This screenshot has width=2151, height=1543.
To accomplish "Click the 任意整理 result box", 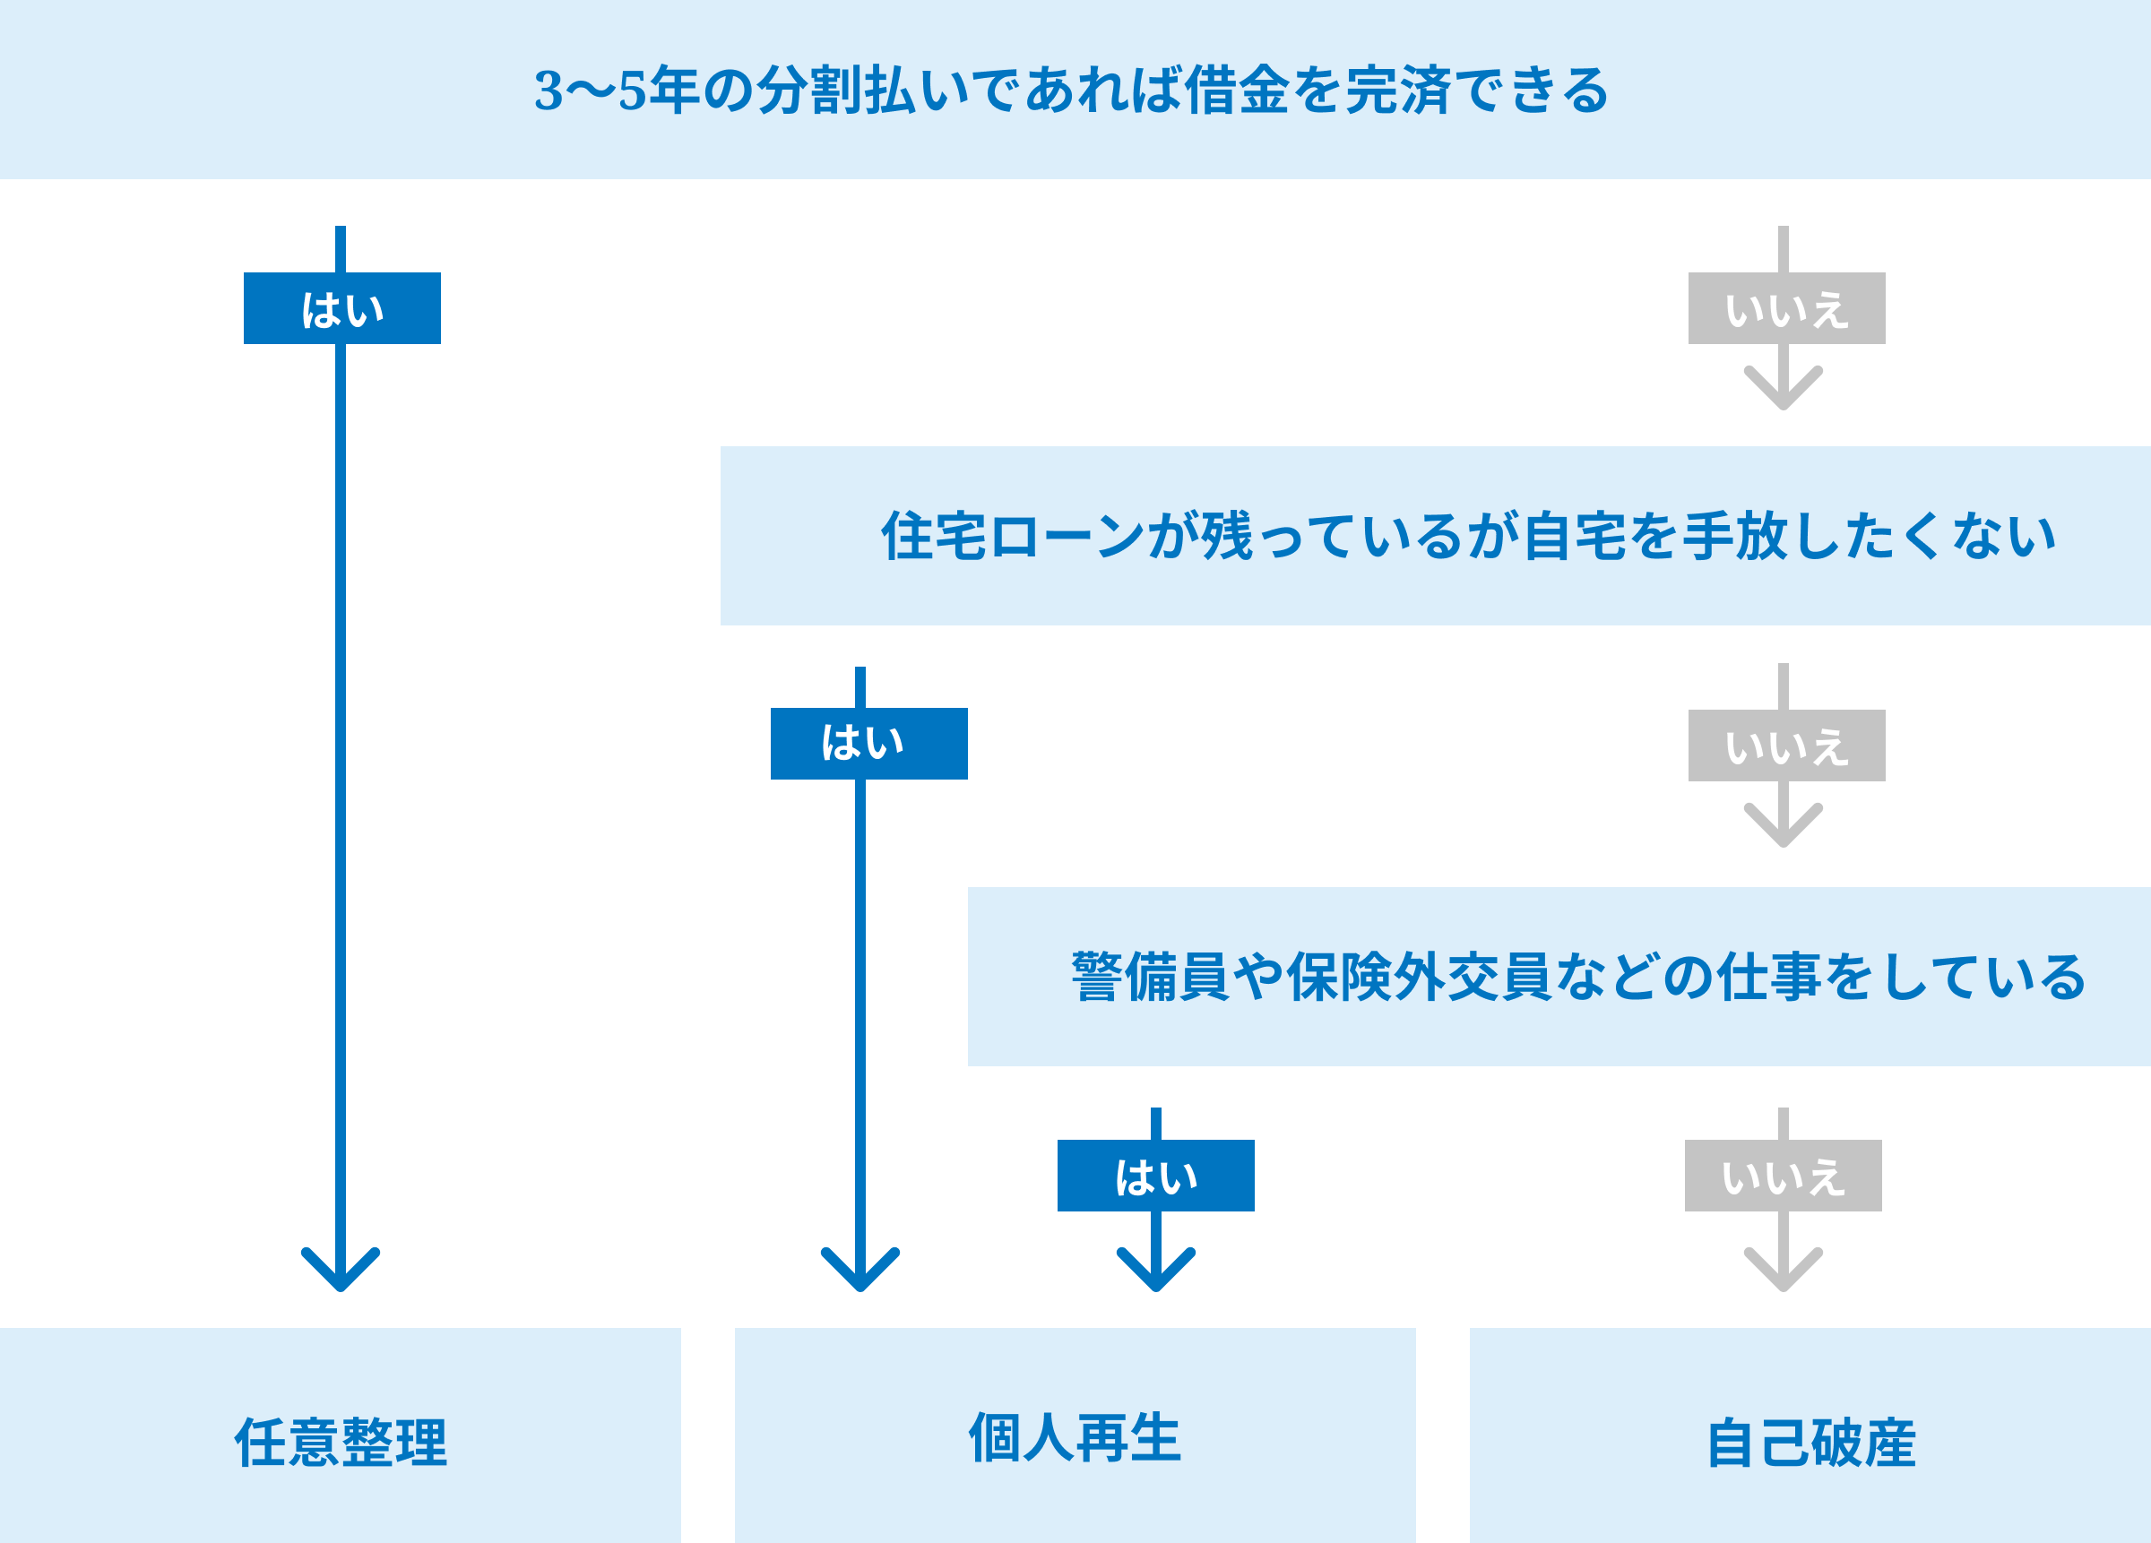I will click(x=340, y=1442).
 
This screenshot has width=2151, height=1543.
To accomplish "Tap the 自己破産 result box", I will click(x=1810, y=1442).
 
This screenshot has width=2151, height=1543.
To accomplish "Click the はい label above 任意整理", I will click(x=341, y=308).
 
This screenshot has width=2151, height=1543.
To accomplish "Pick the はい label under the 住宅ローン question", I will click(x=868, y=744).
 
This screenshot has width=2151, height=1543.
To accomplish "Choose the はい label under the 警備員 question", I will click(x=1155, y=1176).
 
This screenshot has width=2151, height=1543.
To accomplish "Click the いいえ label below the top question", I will click(x=1786, y=308).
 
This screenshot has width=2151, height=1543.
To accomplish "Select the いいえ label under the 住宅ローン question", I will click(x=1786, y=746).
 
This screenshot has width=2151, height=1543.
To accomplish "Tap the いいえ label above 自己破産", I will click(x=1782, y=1176).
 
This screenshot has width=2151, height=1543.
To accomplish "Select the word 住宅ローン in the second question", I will click(x=1012, y=537).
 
